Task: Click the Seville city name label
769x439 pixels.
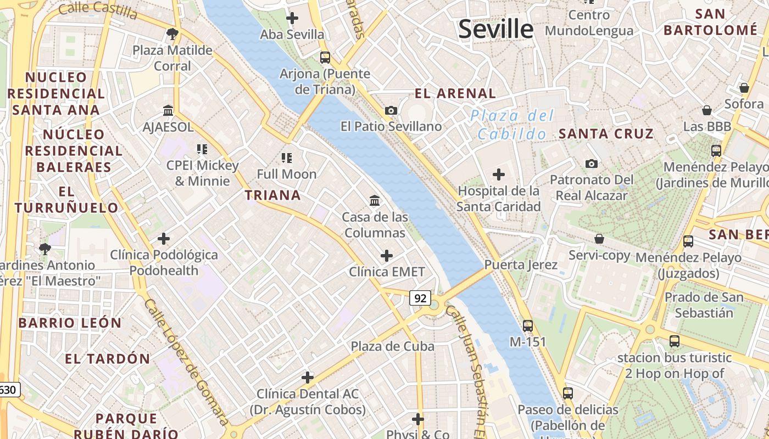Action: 495,29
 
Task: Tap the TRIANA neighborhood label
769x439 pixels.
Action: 273,195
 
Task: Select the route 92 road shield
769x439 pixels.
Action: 420,298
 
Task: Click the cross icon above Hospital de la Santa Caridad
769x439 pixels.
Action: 498,175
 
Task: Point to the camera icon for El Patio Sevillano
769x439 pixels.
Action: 391,110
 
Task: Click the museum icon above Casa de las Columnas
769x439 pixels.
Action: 375,200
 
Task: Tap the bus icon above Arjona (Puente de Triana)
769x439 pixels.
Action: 325,57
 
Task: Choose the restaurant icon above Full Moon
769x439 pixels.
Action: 286,158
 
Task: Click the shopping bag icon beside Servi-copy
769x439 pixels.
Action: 599,239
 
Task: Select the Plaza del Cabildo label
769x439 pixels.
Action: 511,125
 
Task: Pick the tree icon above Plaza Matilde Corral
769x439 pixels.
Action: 172,34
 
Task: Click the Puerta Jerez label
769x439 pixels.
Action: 520,265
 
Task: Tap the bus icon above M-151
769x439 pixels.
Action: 528,325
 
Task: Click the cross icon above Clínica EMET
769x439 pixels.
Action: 387,255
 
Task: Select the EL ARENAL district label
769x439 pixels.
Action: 455,93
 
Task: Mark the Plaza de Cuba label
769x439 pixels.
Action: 392,346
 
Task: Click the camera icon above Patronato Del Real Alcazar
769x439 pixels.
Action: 592,164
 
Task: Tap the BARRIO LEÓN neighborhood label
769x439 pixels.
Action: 70,323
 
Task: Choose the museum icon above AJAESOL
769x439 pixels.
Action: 168,111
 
